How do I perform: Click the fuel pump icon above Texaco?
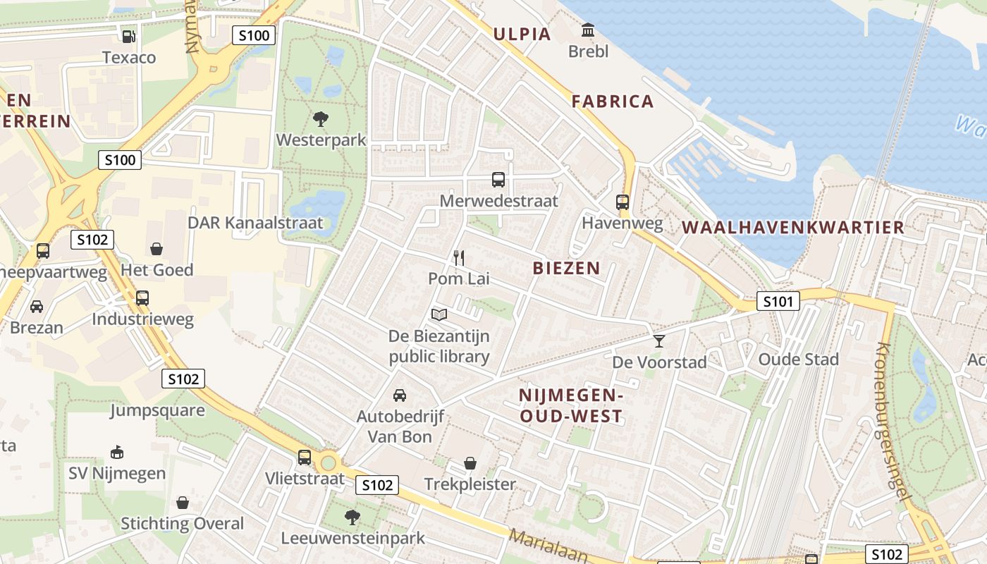pyautogui.click(x=128, y=35)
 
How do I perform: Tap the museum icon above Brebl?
pyautogui.click(x=587, y=30)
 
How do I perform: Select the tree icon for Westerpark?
pyautogui.click(x=321, y=118)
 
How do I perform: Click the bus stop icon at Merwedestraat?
pyautogui.click(x=498, y=180)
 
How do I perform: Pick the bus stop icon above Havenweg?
pyautogui.click(x=623, y=202)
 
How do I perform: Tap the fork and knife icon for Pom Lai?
pyautogui.click(x=459, y=258)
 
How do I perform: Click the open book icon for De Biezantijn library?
pyautogui.click(x=439, y=314)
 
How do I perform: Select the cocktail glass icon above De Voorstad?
pyautogui.click(x=659, y=341)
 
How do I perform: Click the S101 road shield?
pyautogui.click(x=778, y=302)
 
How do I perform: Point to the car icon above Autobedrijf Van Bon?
pyautogui.click(x=400, y=395)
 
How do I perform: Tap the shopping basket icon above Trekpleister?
pyautogui.click(x=470, y=463)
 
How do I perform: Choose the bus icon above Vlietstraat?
pyautogui.click(x=305, y=458)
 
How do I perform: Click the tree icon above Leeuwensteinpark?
pyautogui.click(x=352, y=517)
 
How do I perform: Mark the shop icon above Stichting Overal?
pyautogui.click(x=183, y=503)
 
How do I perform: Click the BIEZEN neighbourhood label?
pyautogui.click(x=566, y=268)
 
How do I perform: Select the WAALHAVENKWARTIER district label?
pyautogui.click(x=793, y=227)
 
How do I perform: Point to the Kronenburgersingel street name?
pyautogui.click(x=891, y=420)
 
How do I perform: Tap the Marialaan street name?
pyautogui.click(x=548, y=546)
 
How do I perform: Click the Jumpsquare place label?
pyautogui.click(x=157, y=410)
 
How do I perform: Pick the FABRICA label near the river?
pyautogui.click(x=613, y=102)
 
